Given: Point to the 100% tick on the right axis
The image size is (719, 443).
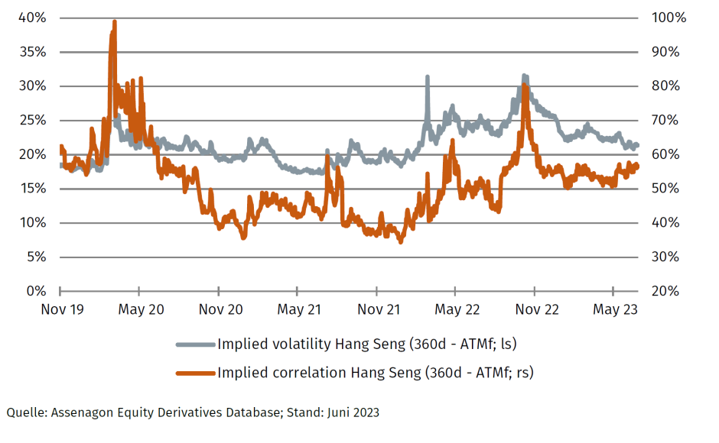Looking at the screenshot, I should [x=665, y=18].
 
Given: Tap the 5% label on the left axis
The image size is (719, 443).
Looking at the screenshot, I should [x=37, y=257].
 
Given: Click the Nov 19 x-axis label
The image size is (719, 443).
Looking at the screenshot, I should [x=60, y=309].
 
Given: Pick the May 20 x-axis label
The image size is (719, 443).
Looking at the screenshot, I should [x=140, y=309].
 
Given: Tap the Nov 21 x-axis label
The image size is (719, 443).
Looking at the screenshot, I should [x=377, y=309].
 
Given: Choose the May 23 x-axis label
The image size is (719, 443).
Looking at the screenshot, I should [x=615, y=309].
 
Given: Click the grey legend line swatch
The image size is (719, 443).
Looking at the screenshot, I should [x=196, y=344].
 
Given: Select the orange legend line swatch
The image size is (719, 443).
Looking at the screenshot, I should [x=196, y=373].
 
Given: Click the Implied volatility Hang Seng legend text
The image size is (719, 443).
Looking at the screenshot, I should [x=367, y=344].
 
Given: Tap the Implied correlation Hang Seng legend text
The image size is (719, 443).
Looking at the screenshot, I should [x=376, y=373].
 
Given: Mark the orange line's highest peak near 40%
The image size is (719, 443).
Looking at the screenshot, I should [x=114, y=23].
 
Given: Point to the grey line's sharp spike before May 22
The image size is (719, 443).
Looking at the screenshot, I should [x=427, y=77].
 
